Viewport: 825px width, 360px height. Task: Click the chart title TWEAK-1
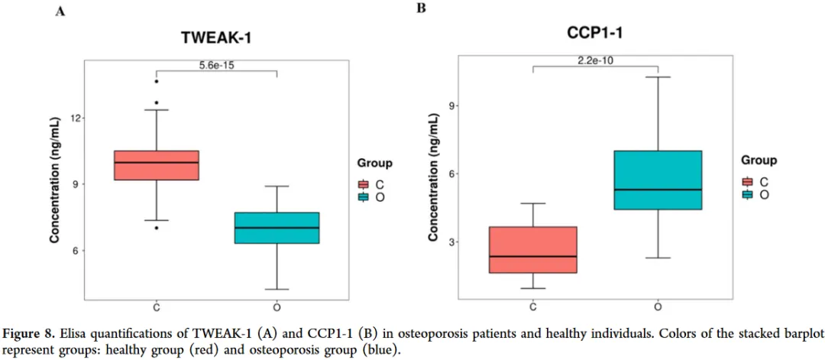pyautogui.click(x=215, y=37)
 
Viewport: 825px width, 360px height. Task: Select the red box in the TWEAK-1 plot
pyautogui.click(x=156, y=165)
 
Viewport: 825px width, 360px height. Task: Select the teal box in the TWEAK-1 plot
pyautogui.click(x=276, y=228)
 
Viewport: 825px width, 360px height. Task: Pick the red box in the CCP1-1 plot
pyautogui.click(x=533, y=249)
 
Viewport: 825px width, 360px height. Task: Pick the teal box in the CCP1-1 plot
pyautogui.click(x=658, y=180)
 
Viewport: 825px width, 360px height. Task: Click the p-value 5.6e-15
pyautogui.click(x=216, y=66)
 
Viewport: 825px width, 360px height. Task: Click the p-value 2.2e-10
pyautogui.click(x=596, y=60)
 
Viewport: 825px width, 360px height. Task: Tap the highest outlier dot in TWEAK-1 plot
pyautogui.click(x=156, y=81)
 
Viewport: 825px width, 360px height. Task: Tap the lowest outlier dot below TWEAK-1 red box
pyautogui.click(x=156, y=228)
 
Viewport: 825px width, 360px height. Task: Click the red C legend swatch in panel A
pyautogui.click(x=363, y=184)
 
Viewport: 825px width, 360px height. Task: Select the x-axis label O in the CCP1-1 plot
pyautogui.click(x=658, y=307)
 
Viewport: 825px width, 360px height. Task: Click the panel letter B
pyautogui.click(x=420, y=8)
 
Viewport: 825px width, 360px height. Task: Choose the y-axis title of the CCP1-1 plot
pyautogui.click(x=433, y=177)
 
